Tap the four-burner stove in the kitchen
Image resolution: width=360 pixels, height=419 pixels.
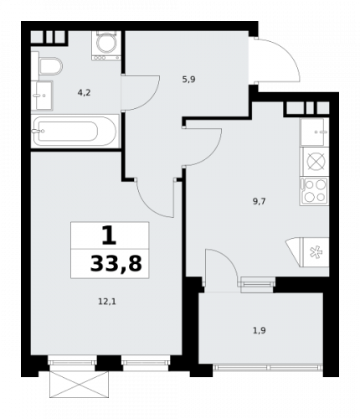(x=315, y=192)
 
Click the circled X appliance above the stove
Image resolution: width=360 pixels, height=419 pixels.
(x=316, y=162)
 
